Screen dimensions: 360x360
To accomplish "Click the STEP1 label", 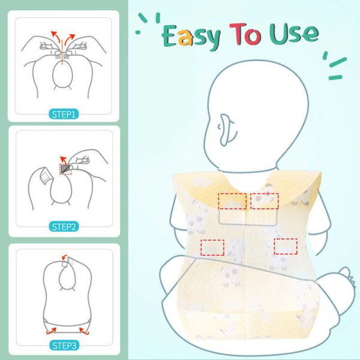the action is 64,114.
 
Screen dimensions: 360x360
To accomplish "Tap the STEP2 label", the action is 64,227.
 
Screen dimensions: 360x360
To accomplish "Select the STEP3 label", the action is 64,346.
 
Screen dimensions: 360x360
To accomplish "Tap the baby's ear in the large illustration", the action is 227,130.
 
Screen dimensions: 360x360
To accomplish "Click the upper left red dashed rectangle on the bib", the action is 232,201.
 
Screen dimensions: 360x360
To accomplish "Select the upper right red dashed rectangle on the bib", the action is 265,201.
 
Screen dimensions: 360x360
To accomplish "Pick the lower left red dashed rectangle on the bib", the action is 212,247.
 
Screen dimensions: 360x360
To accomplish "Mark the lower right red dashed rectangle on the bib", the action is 286,247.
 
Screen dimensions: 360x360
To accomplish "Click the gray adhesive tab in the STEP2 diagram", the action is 65,169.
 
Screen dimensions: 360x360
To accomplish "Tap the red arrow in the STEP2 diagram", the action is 63,160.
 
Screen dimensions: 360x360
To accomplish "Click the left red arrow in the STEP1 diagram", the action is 55,36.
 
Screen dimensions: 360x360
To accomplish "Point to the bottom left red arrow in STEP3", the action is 51,331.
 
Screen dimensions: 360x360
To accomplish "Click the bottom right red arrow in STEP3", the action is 84,331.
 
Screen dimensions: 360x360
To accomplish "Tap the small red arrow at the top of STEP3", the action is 64,257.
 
